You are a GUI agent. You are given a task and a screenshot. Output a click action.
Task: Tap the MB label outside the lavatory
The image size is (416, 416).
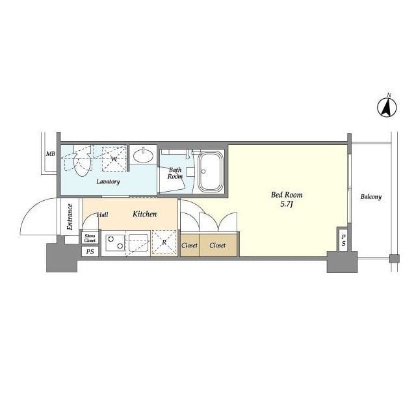coord(49,155)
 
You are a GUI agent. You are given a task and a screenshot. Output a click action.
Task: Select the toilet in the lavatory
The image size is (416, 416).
coord(82,162)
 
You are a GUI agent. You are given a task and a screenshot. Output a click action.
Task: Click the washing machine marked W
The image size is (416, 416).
coord(114,158)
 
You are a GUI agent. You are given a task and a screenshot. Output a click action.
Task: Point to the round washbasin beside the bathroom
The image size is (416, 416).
coord(144,156)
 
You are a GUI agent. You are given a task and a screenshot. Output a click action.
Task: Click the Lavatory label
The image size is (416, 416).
coord(108,181)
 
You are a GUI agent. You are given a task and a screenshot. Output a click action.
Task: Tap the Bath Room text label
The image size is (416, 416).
coord(175,173)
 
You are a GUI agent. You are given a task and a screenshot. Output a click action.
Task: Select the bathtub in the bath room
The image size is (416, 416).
coord(211,172)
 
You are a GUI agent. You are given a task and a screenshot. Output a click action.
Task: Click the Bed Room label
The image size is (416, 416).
coord(286,194)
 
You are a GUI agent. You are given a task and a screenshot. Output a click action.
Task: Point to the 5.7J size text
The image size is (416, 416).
coord(287,205)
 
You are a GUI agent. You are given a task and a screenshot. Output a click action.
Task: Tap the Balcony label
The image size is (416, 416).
coord(370,196)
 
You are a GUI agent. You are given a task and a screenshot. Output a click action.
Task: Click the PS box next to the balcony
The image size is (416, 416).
coord(343,240)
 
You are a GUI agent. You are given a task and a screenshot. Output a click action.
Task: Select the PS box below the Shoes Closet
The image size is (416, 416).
coord(90,251)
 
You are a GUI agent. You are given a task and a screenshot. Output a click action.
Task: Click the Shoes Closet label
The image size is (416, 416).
coord(90,237)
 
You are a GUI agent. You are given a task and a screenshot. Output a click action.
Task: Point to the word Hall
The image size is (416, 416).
coord(103,214)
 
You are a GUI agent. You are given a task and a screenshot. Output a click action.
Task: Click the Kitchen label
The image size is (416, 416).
coord(144,214)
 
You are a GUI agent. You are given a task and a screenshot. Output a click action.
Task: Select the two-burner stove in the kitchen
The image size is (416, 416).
coord(114,244)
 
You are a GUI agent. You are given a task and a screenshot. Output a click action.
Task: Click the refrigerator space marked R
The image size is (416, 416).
coord(164,244)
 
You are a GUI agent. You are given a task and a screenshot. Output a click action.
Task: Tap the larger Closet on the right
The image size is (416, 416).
coord(218,245)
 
